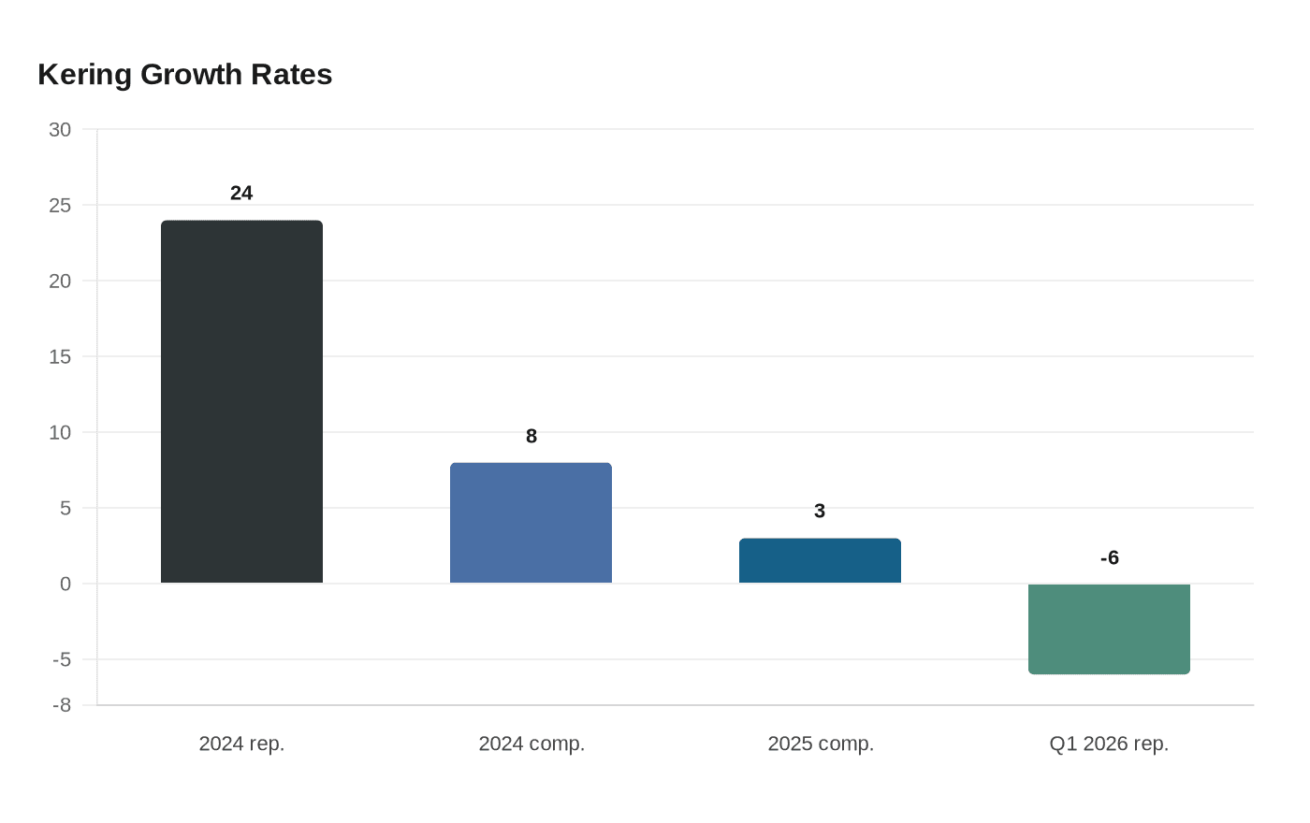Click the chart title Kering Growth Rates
[185, 75]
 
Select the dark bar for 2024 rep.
[241, 402]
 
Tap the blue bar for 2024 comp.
[531, 523]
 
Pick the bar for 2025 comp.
[820, 561]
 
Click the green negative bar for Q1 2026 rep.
[1109, 628]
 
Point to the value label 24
[241, 194]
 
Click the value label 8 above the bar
[531, 437]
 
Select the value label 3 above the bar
[820, 512]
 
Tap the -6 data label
[1110, 558]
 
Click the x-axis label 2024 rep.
[241, 744]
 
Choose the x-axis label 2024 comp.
[531, 744]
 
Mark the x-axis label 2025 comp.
[821, 744]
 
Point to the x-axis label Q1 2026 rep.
[1109, 744]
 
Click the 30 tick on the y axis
[60, 130]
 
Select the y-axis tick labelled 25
[60, 206]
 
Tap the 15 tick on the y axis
[60, 357]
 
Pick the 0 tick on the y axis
[65, 585]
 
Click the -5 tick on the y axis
[62, 660]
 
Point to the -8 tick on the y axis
[62, 706]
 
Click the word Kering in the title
[85, 75]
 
